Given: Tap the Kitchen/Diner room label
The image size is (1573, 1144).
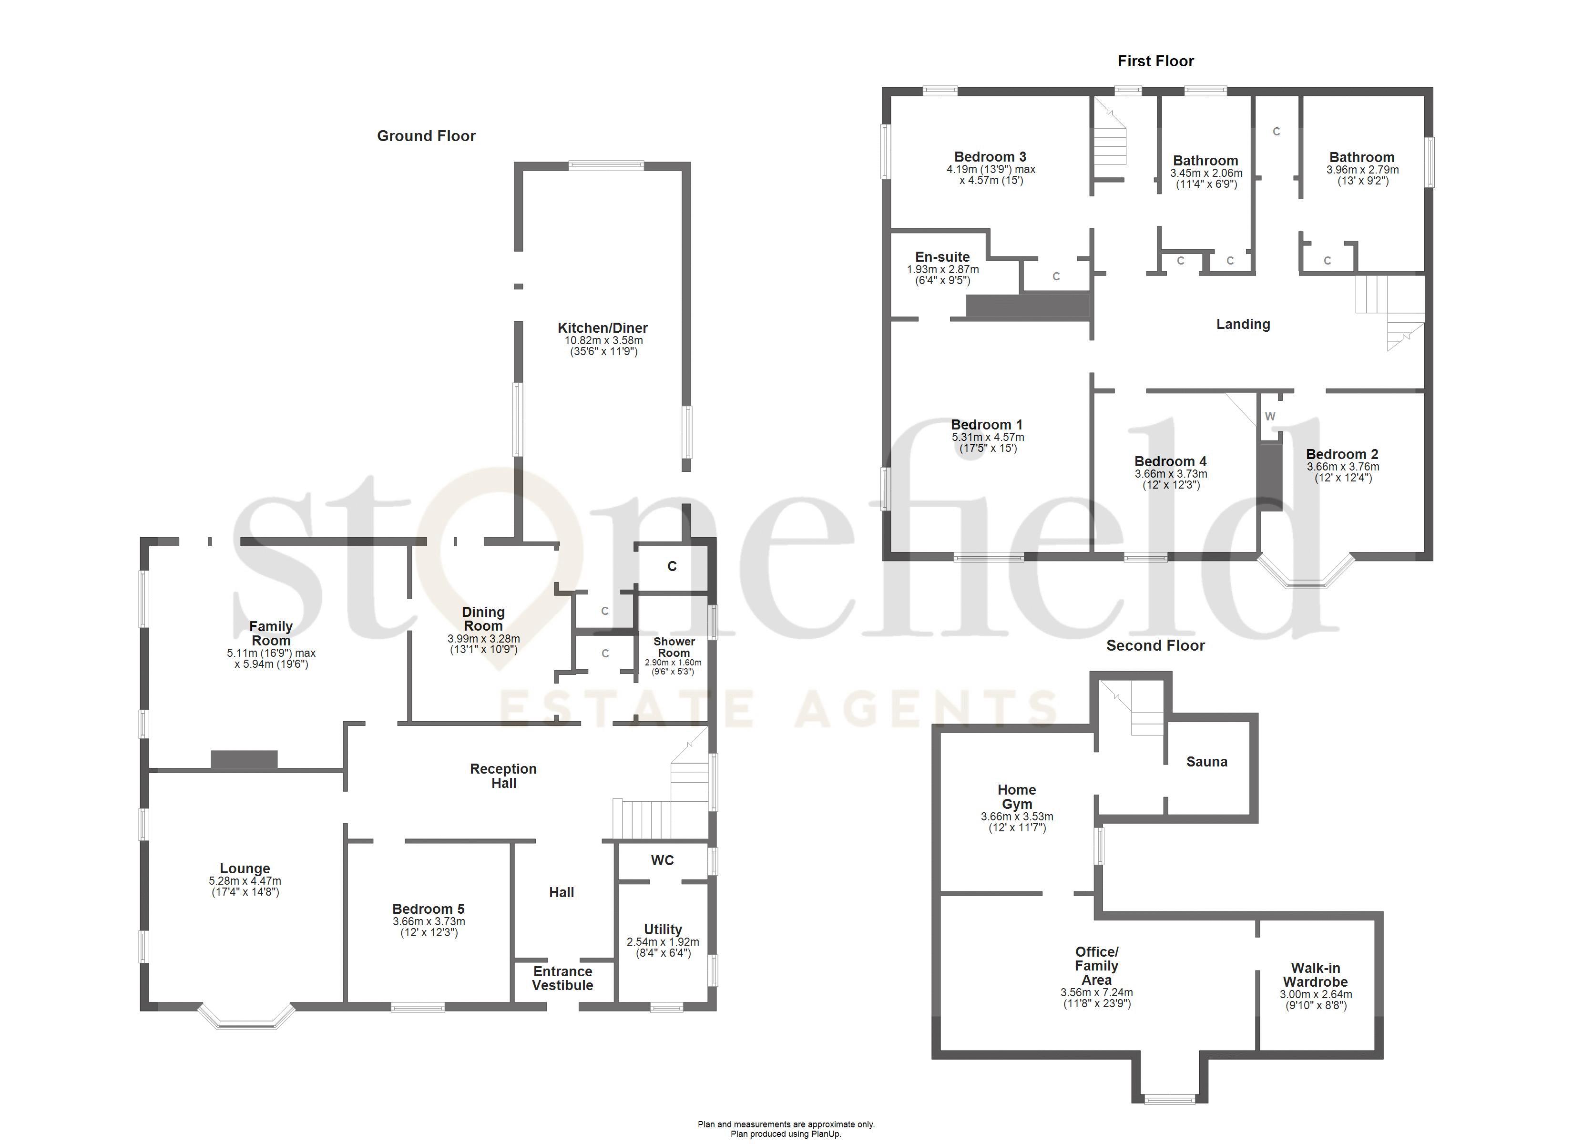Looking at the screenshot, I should click(x=602, y=328).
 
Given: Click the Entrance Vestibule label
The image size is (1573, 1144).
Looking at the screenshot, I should click(x=562, y=978).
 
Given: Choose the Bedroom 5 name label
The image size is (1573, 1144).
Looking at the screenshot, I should click(x=428, y=909).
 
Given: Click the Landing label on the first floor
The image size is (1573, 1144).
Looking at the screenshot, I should click(x=1243, y=324).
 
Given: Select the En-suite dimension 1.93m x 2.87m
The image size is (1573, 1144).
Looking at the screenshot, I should click(x=942, y=269).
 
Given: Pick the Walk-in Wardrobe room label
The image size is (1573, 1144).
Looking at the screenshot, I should click(x=1315, y=975).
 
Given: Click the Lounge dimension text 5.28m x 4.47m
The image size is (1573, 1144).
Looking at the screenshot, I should click(x=245, y=881).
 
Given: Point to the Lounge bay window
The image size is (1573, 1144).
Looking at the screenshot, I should click(x=246, y=1019).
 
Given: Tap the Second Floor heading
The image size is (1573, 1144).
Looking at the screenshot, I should click(x=1155, y=646).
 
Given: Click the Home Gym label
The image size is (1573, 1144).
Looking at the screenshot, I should click(x=1016, y=797).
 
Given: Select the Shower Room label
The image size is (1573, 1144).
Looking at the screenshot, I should click(x=674, y=647).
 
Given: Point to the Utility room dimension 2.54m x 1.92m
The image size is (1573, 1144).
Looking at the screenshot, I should click(x=663, y=942).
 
